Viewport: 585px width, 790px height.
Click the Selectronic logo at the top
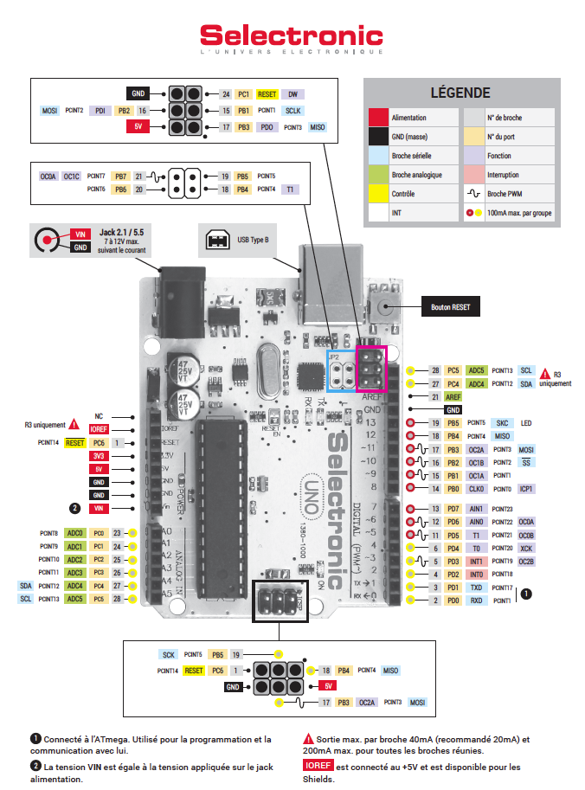(292, 36)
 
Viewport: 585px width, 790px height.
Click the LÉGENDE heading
(460, 93)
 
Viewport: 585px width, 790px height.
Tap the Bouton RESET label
(450, 307)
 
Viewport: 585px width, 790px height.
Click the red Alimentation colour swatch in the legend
(377, 117)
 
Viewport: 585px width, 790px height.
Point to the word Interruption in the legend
(505, 174)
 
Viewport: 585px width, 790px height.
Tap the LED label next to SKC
(527, 422)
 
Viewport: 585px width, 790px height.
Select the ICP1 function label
(526, 489)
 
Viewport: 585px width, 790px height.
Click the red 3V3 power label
(99, 455)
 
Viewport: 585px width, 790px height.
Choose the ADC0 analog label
(75, 533)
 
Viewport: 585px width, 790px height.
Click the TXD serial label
(476, 587)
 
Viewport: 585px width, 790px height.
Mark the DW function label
(292, 93)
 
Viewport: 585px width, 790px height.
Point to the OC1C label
(72, 177)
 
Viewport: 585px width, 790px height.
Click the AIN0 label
(476, 522)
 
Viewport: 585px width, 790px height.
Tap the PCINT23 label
(503, 509)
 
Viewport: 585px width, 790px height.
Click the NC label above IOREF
(99, 416)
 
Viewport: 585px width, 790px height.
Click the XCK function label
(526, 548)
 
